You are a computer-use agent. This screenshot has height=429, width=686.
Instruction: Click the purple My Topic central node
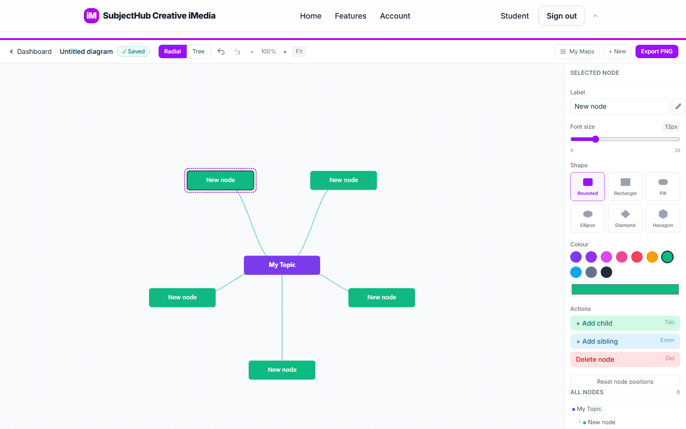tap(282, 265)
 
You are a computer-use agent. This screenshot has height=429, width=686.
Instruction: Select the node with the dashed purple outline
tap(220, 180)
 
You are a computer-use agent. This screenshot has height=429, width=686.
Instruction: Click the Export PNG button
tap(656, 51)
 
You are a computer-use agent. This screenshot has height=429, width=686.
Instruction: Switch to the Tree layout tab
tap(198, 51)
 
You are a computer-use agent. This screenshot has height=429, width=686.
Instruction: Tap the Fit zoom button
tap(299, 51)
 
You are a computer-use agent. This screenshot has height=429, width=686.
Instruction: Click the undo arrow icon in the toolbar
tap(221, 51)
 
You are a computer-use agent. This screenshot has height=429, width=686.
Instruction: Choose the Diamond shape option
tap(625, 218)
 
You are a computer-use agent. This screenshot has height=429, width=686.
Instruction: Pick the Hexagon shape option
tap(663, 218)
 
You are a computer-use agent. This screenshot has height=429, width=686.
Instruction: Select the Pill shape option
tap(663, 187)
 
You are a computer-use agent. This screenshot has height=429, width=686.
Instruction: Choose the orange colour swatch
tap(652, 257)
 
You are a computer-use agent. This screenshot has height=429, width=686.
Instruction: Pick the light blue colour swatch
tap(576, 272)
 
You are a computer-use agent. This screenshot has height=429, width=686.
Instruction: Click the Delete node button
tap(625, 359)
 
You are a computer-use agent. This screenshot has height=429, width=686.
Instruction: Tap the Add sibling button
tap(625, 341)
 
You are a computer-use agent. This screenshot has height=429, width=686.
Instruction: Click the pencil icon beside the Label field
tap(678, 106)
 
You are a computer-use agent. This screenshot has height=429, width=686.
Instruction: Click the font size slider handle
tap(595, 139)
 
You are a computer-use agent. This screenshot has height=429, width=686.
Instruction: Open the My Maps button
tap(577, 51)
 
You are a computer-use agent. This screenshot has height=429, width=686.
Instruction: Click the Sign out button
tap(561, 16)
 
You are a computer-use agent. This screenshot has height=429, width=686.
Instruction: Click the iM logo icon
tap(91, 16)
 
